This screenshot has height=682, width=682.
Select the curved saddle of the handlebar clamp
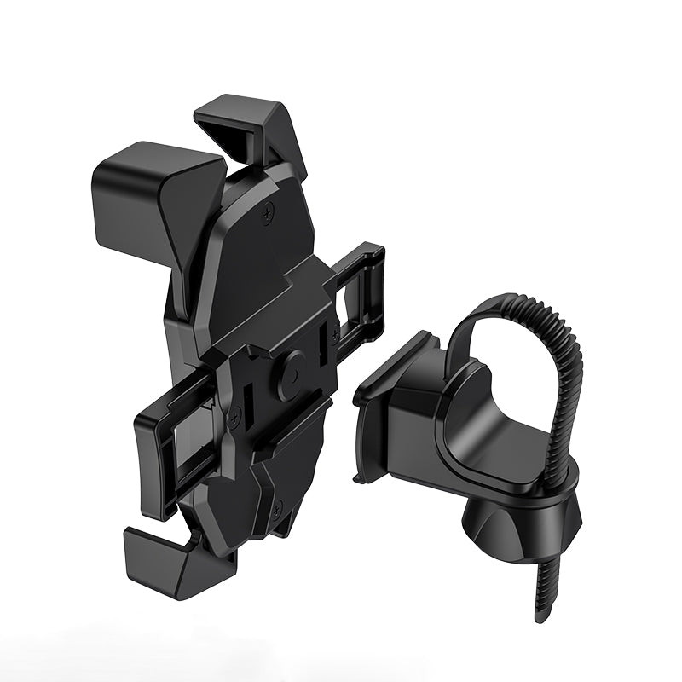click(477, 435)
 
